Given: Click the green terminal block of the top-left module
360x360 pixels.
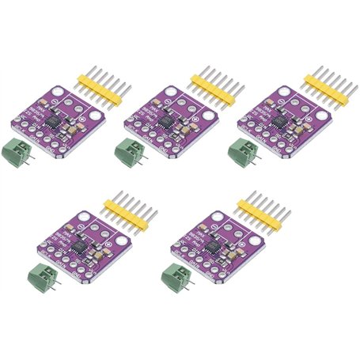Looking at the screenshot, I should tap(20, 150).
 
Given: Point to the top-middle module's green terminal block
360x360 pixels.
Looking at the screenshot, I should tap(131, 150).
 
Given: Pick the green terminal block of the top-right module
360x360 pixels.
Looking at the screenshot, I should tap(243, 150).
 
